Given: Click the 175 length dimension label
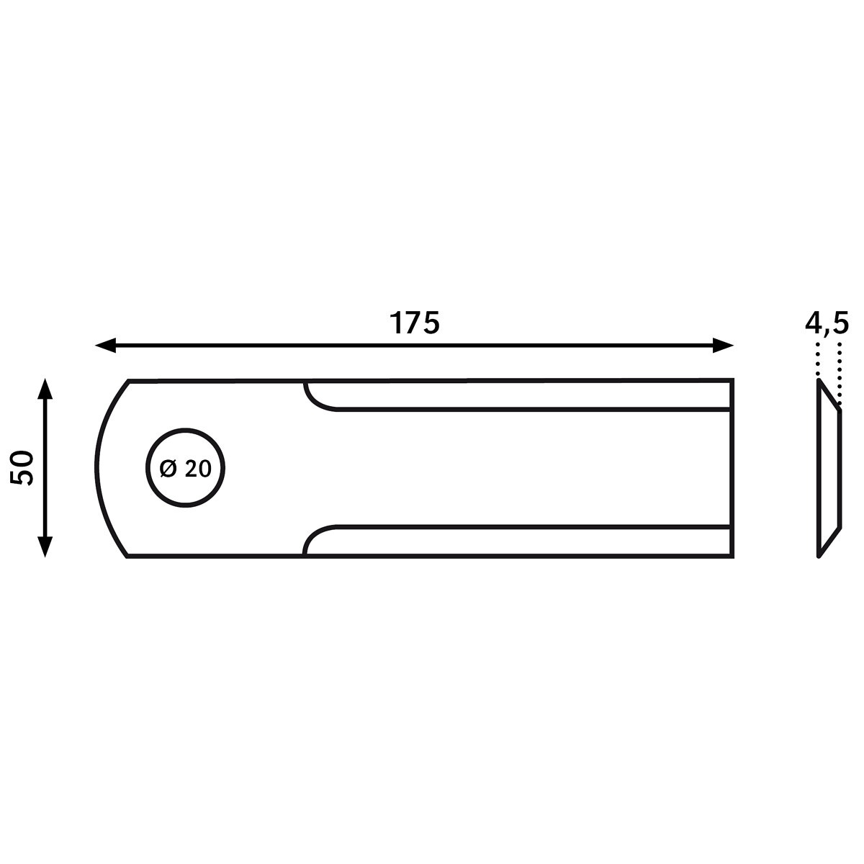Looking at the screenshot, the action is pyautogui.click(x=414, y=323).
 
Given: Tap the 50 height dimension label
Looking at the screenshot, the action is pyautogui.click(x=22, y=468).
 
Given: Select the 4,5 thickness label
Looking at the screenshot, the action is pyautogui.click(x=827, y=324).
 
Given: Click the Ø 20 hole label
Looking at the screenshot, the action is pyautogui.click(x=185, y=469).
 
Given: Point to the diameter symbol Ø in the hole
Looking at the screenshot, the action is pyautogui.click(x=168, y=469).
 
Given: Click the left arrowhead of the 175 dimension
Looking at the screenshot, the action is pyautogui.click(x=106, y=346).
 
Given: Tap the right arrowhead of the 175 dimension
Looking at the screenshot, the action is pyautogui.click(x=723, y=346).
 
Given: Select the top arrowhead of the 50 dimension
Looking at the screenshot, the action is pyautogui.click(x=45, y=389).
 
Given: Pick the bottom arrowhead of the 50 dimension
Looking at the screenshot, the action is pyautogui.click(x=45, y=546).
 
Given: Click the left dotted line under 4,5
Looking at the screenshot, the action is pyautogui.click(x=818, y=361).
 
